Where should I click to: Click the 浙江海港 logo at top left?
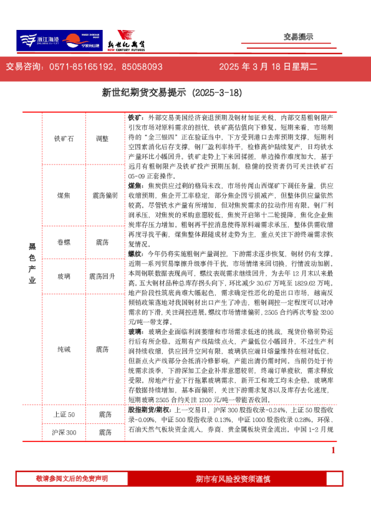pyautogui.click(x=38, y=41)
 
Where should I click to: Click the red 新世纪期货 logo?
pyautogui.click(x=132, y=41)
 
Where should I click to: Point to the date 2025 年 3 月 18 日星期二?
pyautogui.click(x=269, y=67)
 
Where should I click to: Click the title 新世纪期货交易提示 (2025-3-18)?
pyautogui.click(x=171, y=92)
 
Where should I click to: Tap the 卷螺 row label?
pyautogui.click(x=64, y=241)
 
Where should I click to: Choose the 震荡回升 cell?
pyautogui.click(x=103, y=276)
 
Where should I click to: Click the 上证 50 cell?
pyautogui.click(x=64, y=415)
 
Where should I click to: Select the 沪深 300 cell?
pyautogui.click(x=64, y=432)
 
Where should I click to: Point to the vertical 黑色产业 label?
pyautogui.click(x=32, y=262)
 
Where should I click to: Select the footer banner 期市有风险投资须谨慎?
pyautogui.click(x=233, y=479)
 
